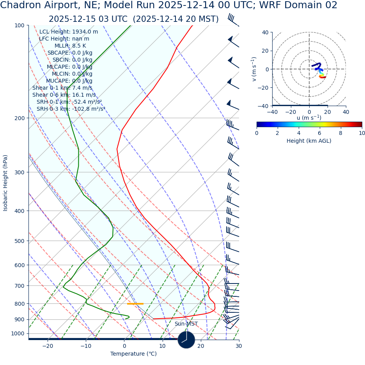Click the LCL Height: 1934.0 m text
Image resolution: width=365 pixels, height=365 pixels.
[x=69, y=32]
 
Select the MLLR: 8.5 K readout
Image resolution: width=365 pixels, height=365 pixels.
[x=70, y=46]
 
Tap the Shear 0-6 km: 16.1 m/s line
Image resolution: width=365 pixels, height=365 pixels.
[x=64, y=95]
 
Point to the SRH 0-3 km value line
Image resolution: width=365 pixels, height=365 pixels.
[x=71, y=109]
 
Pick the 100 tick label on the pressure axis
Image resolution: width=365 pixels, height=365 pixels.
[x=19, y=26]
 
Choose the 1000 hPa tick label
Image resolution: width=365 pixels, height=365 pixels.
[x=18, y=333]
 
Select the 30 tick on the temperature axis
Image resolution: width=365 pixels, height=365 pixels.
[x=239, y=346]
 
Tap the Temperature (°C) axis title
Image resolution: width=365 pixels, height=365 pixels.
[x=133, y=354]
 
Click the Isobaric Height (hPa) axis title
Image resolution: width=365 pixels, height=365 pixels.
[x=5, y=183]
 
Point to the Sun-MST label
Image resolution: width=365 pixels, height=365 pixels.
[x=186, y=324]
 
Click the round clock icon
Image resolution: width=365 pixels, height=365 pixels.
[x=186, y=340]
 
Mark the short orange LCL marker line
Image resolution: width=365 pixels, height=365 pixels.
[x=135, y=304]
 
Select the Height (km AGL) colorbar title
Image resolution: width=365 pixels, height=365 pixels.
[x=309, y=141]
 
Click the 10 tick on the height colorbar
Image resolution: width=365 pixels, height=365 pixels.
[x=362, y=133]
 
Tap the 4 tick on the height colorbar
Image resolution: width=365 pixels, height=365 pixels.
[x=299, y=133]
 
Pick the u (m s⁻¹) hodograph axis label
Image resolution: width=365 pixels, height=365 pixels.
[x=309, y=118]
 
